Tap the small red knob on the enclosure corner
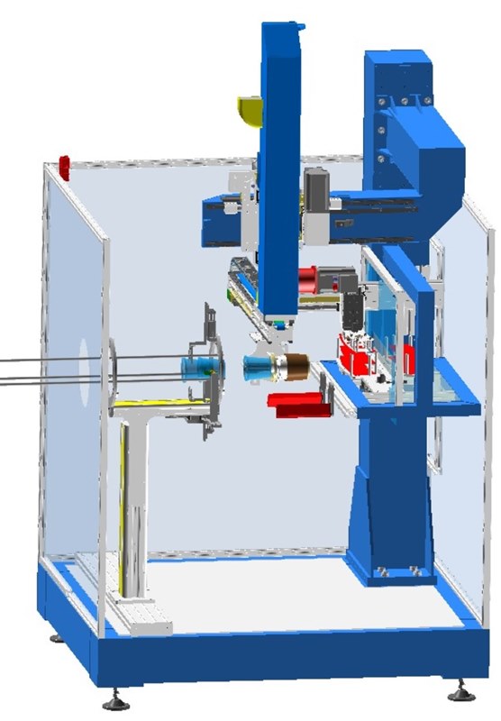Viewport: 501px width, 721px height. click(64, 164)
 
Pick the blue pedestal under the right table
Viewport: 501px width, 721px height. click(383, 505)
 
